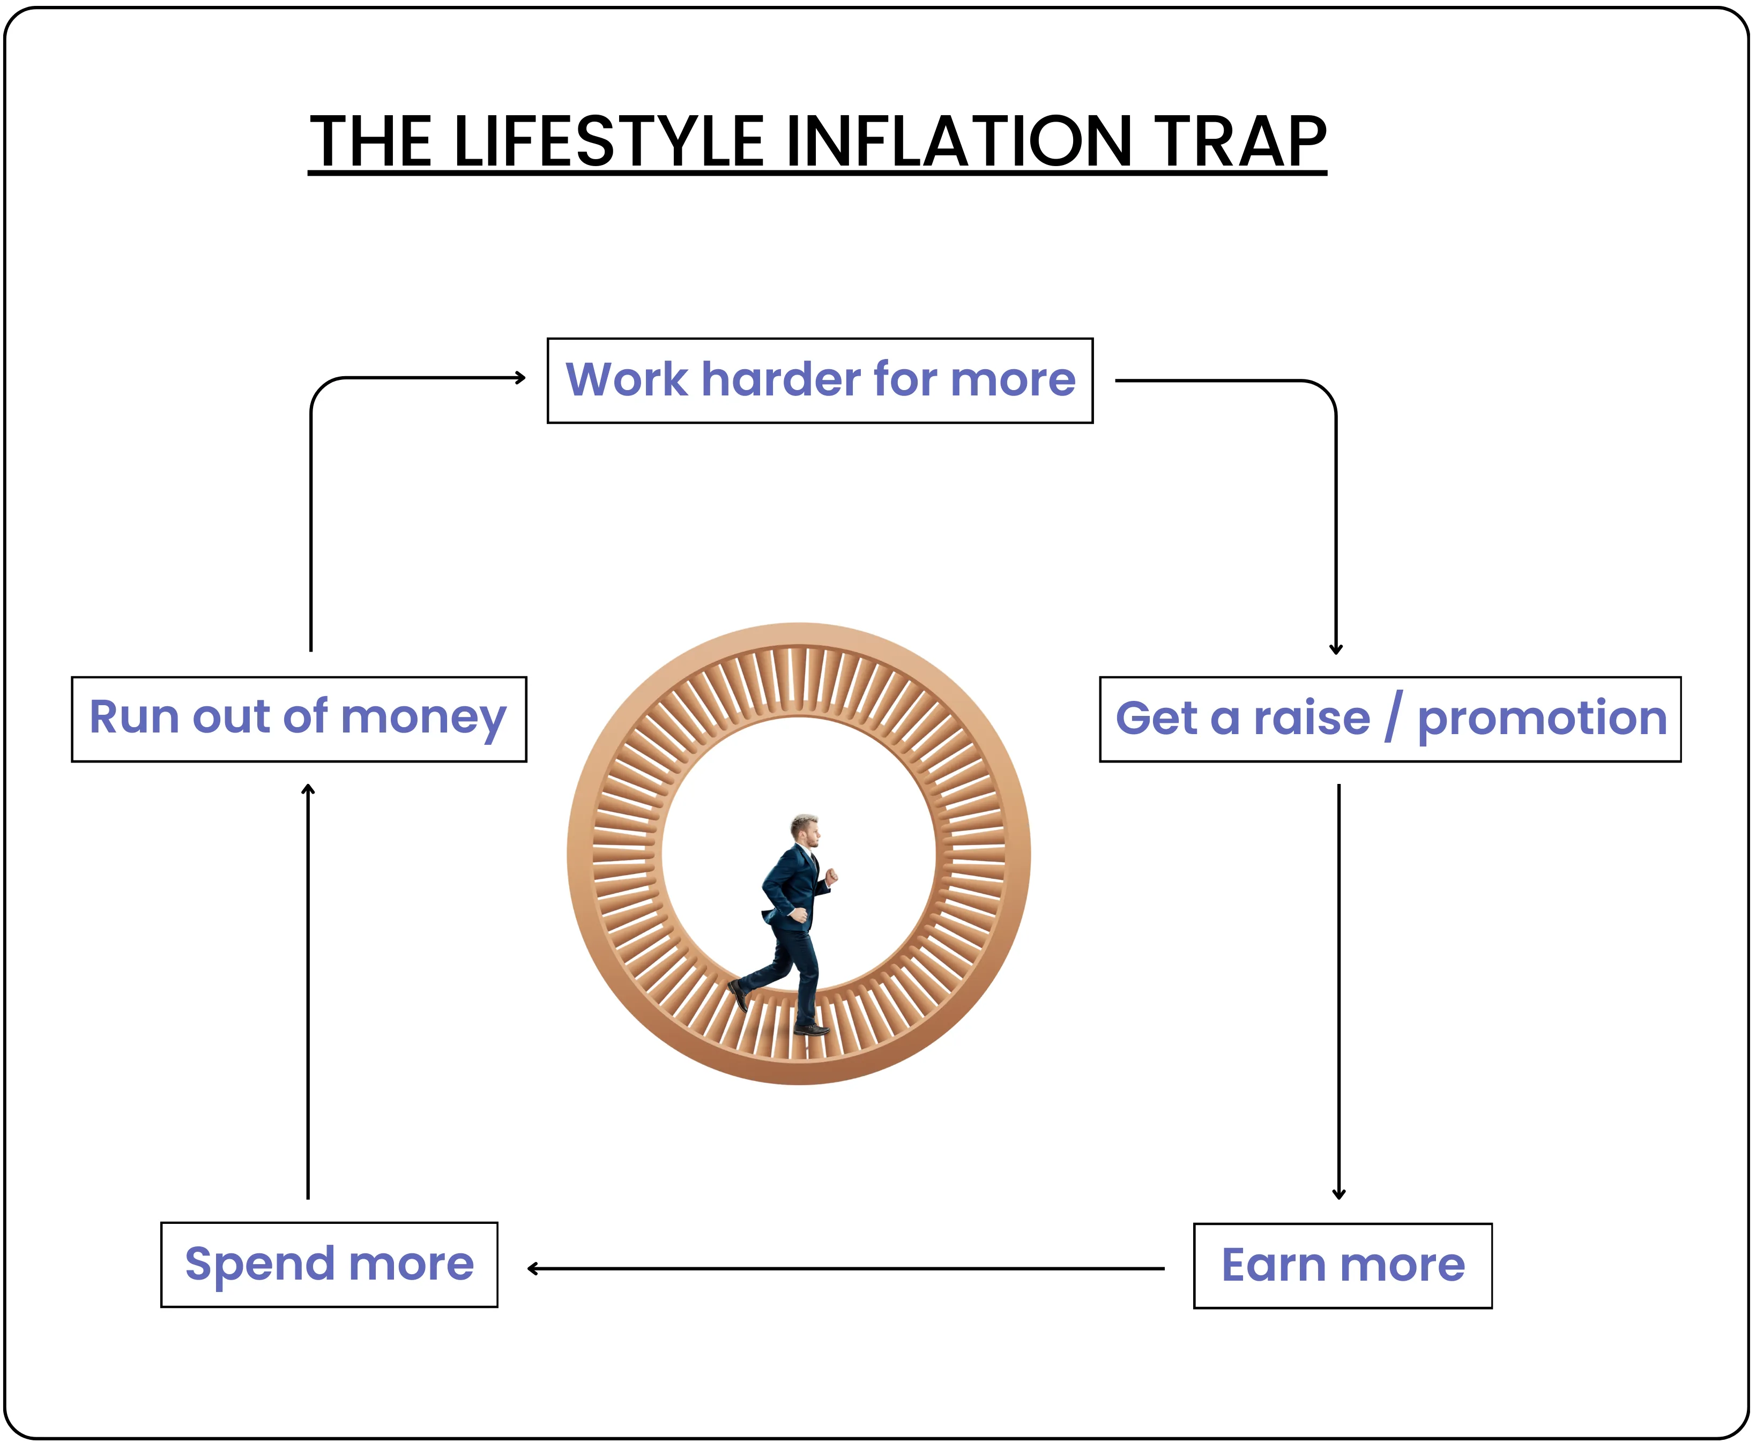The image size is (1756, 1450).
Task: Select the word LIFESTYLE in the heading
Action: coord(608,142)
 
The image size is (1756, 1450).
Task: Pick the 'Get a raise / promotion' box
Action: coord(1389,719)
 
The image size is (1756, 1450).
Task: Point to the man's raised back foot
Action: coord(739,994)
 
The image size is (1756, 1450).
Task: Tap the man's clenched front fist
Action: coord(831,876)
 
